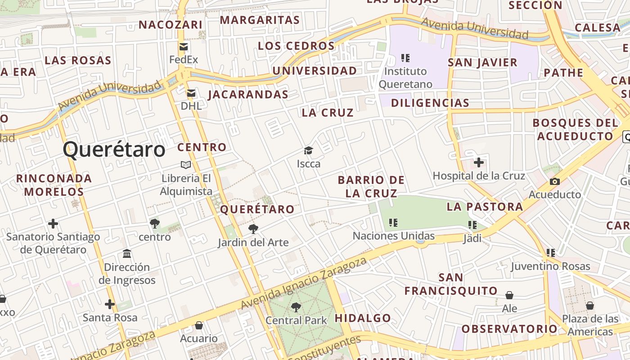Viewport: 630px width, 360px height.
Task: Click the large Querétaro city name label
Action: pos(114,149)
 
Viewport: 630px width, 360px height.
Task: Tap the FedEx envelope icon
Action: pos(184,47)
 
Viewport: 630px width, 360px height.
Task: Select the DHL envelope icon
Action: pos(191,93)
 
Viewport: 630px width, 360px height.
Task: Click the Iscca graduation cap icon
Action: pos(308,150)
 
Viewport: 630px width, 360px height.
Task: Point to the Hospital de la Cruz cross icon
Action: pos(479,162)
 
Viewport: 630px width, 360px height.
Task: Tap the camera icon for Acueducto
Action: pos(554,181)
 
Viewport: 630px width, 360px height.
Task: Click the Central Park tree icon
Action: pos(296,307)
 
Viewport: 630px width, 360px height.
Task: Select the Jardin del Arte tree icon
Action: pos(253,229)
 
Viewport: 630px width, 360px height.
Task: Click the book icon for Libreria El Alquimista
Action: pos(185,165)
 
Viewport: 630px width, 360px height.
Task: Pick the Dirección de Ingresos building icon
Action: pos(127,254)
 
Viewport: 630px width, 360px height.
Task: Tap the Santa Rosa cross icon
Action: pos(110,304)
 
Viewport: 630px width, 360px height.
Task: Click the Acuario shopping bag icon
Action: pos(198,325)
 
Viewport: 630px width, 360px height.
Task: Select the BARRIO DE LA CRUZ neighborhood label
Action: pos(371,187)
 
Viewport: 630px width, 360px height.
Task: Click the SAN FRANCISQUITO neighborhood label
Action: pos(450,284)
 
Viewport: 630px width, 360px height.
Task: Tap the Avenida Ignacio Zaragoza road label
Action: pos(303,284)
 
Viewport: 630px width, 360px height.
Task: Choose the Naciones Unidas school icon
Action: pos(393,222)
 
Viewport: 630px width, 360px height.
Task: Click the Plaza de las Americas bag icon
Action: pos(589,306)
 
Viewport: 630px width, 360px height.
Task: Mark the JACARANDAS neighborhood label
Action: pos(248,94)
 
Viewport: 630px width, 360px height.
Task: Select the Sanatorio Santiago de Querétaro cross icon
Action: pos(53,223)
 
